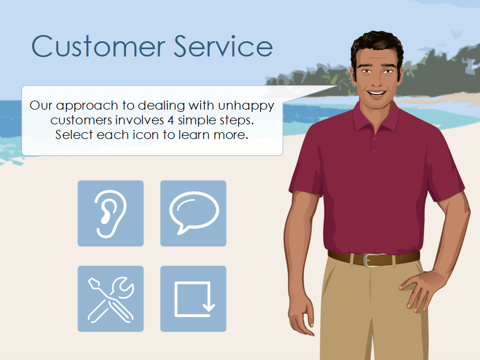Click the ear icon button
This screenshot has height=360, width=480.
pos(110,213)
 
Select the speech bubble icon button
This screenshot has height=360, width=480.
pos(193,213)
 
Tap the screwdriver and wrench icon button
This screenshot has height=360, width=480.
pos(110,298)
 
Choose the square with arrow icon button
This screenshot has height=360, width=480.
pos(193,298)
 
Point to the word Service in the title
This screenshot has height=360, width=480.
pos(223,46)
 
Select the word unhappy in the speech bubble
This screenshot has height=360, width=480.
pos(247,106)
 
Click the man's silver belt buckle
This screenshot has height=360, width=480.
pos(368,260)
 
